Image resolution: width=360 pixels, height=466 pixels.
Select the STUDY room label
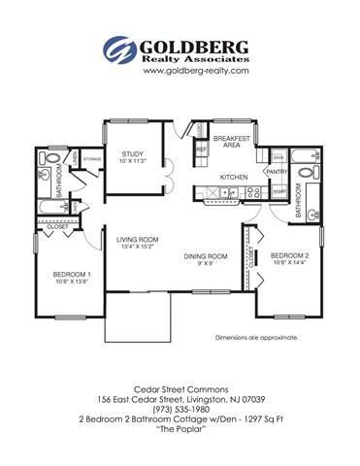coord(133,154)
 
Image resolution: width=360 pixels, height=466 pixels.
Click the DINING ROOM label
coord(205,256)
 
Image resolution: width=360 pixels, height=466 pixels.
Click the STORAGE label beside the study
coord(92,157)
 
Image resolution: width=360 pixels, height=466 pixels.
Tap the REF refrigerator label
coord(201,150)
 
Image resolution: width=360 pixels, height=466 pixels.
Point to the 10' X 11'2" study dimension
coord(133,162)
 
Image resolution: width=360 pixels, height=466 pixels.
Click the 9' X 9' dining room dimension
coord(205,264)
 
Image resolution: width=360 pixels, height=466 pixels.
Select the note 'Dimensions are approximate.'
coord(255,337)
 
